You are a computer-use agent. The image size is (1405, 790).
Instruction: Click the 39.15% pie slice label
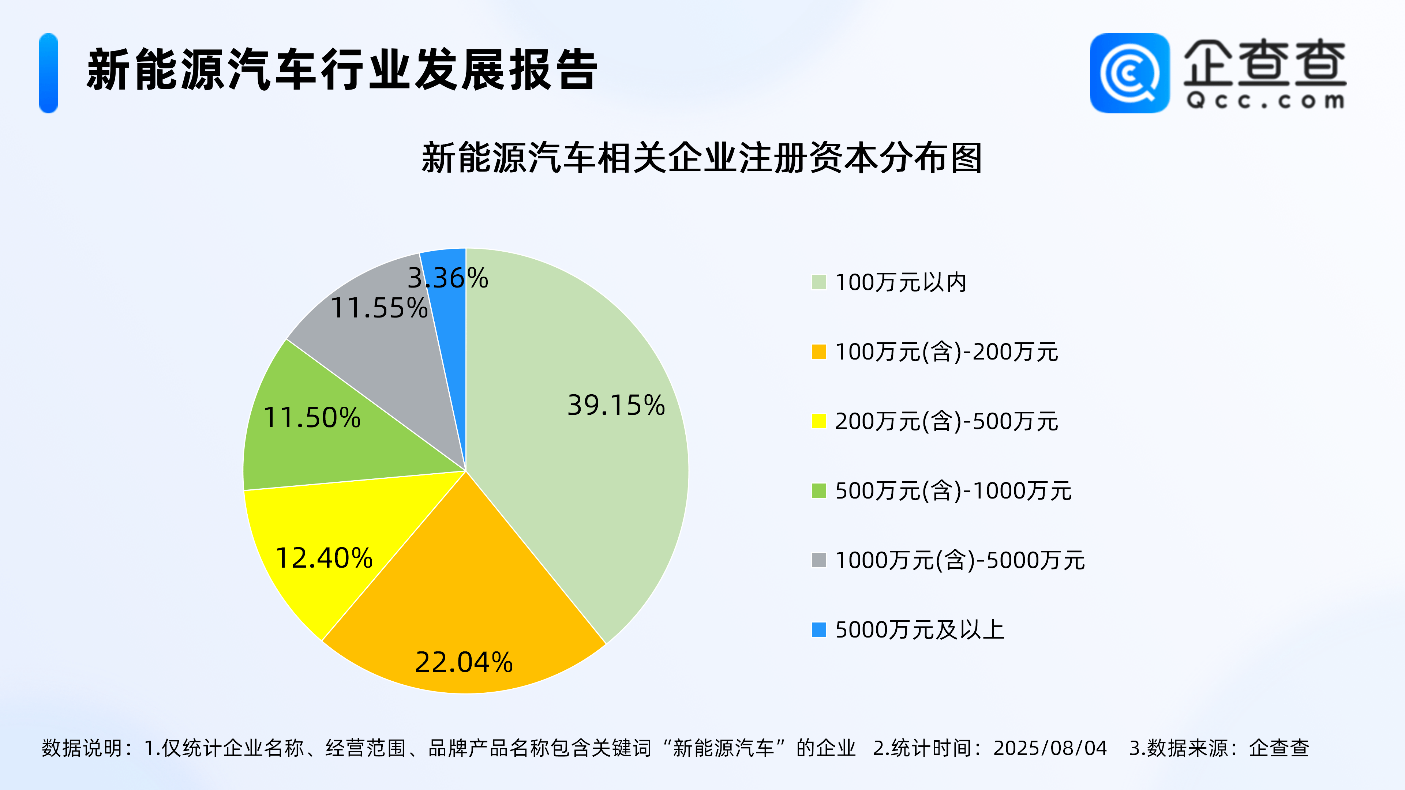[x=616, y=405]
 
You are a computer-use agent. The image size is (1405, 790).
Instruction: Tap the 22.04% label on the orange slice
[x=464, y=662]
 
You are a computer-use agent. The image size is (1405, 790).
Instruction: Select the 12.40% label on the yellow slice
[x=324, y=558]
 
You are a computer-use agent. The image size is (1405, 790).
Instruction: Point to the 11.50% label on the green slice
[x=311, y=418]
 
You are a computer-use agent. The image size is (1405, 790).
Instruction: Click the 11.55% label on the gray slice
[x=379, y=308]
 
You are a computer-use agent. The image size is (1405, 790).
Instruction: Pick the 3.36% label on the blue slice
[x=448, y=278]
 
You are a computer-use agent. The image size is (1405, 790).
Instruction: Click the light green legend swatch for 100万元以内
[x=819, y=282]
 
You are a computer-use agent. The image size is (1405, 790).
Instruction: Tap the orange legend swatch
[x=819, y=351]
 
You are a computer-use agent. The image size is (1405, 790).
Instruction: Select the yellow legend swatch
[x=819, y=421]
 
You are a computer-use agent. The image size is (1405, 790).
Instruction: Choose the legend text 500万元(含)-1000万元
[x=953, y=491]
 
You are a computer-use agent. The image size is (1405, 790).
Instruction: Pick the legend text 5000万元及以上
[x=919, y=630]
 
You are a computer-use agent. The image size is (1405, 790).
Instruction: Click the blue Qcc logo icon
[x=1129, y=73]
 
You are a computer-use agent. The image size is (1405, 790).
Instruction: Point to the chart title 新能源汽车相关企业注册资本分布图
[x=702, y=158]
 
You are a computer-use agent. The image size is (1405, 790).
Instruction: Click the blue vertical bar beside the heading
[x=49, y=73]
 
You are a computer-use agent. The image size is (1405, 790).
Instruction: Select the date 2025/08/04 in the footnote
[x=1050, y=748]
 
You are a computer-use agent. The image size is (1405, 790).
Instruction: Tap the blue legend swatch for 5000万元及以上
[x=819, y=630]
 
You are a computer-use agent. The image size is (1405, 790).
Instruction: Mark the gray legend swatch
[x=819, y=560]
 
